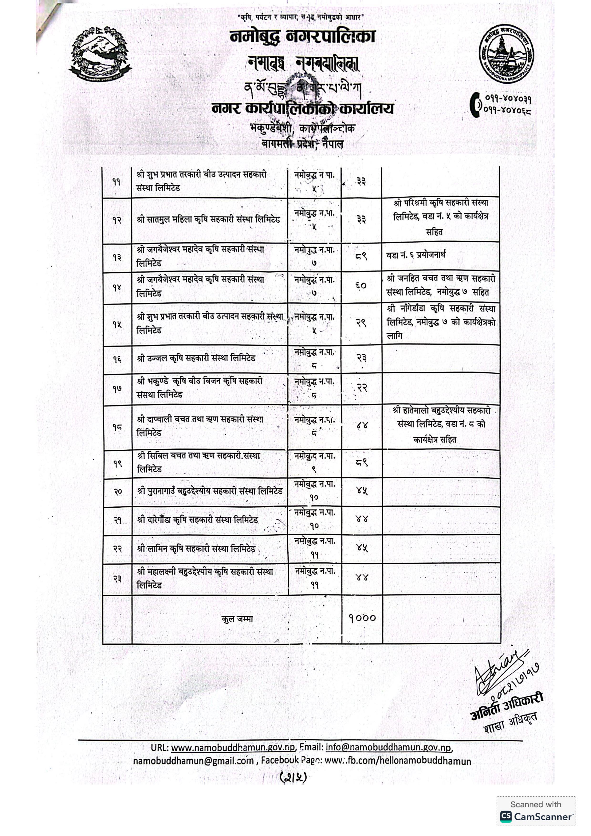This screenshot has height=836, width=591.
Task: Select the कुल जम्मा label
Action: coord(237,619)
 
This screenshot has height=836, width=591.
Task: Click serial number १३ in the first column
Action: coord(117,257)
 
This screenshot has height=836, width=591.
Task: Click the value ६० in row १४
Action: coord(361,286)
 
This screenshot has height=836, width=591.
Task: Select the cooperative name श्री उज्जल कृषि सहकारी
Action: coord(196,358)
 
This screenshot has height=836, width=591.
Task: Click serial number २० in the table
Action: coord(117,492)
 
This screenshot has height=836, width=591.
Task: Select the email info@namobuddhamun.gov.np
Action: coord(388,748)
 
